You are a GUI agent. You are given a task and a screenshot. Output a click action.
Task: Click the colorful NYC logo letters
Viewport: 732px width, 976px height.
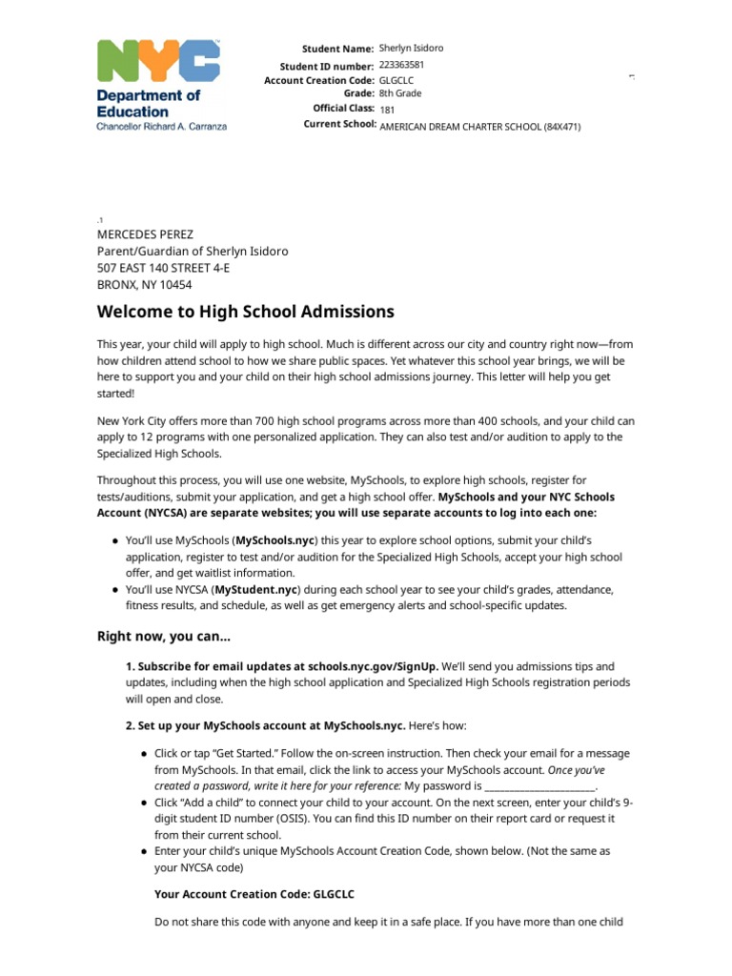coord(158,62)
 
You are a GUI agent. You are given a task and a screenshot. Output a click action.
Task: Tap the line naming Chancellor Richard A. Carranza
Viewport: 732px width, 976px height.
coord(162,126)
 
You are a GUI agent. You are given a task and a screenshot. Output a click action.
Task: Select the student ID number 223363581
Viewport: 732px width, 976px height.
coord(401,65)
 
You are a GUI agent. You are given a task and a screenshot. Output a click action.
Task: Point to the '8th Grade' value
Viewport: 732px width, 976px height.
coord(400,93)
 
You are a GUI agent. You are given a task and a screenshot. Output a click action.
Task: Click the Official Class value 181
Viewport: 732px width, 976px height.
coord(387,110)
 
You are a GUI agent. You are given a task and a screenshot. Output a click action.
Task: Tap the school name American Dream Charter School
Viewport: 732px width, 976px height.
coord(479,126)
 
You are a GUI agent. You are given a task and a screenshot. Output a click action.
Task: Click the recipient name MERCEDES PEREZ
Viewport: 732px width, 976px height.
coord(146,234)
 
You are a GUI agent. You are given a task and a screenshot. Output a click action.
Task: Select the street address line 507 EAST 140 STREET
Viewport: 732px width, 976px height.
coord(163,268)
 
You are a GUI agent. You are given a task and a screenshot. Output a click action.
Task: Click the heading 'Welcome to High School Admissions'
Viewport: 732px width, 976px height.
coord(245,312)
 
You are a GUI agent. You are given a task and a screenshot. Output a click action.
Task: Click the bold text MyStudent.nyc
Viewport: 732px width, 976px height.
coord(262,590)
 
